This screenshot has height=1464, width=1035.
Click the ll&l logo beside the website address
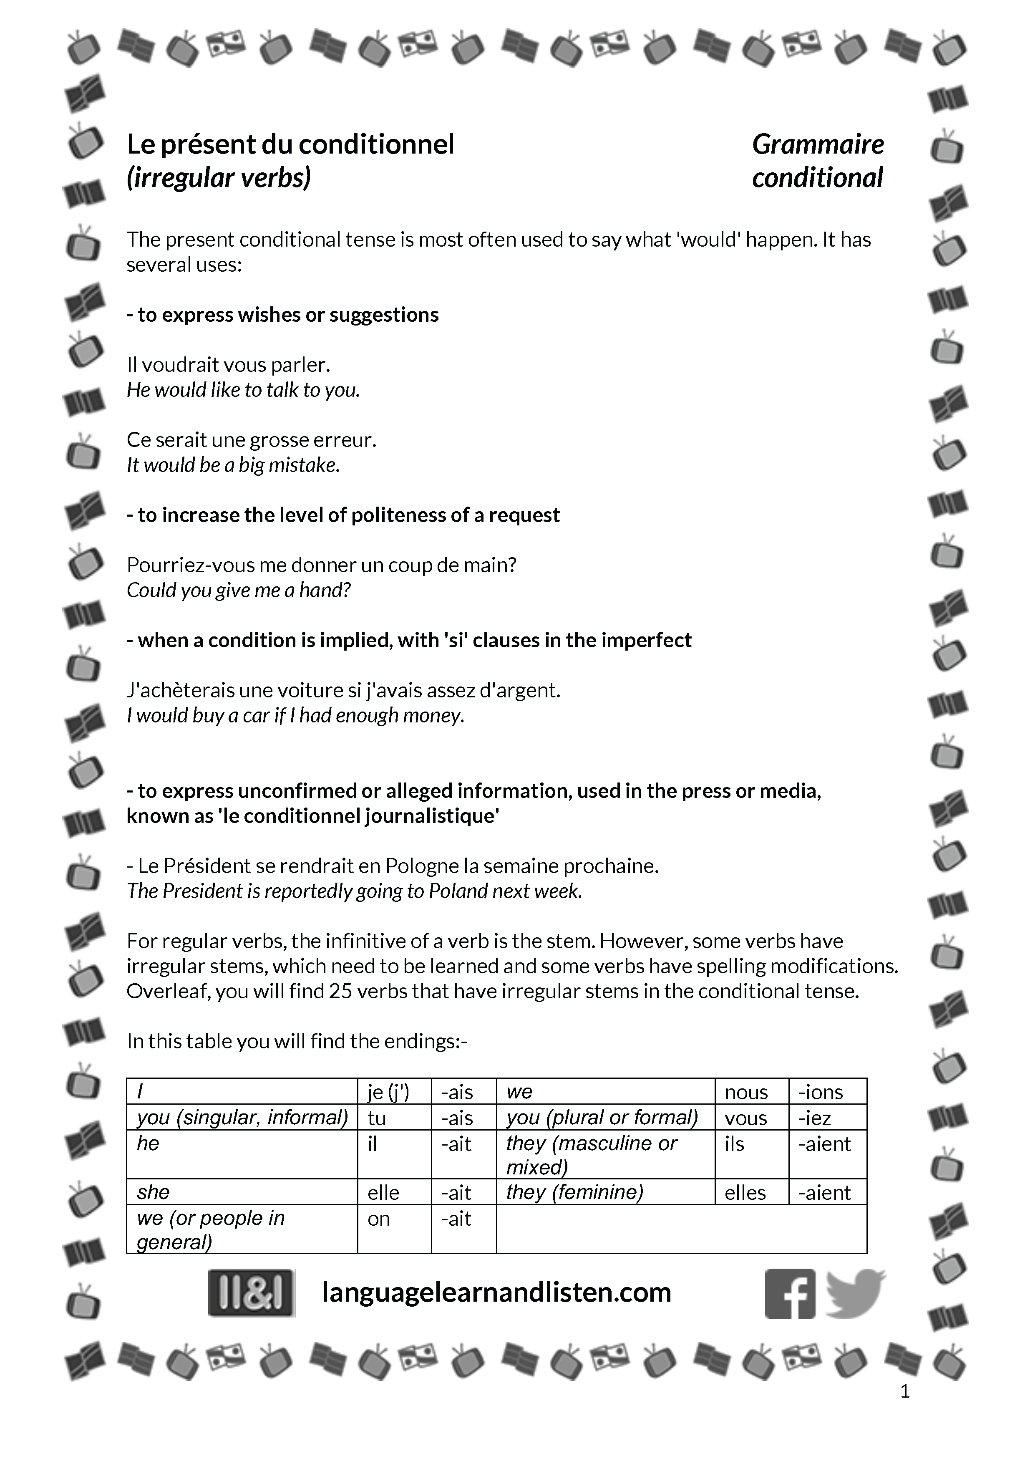(x=252, y=1292)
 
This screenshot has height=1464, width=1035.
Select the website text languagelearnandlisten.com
(x=496, y=1292)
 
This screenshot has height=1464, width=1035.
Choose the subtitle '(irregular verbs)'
(x=219, y=178)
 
